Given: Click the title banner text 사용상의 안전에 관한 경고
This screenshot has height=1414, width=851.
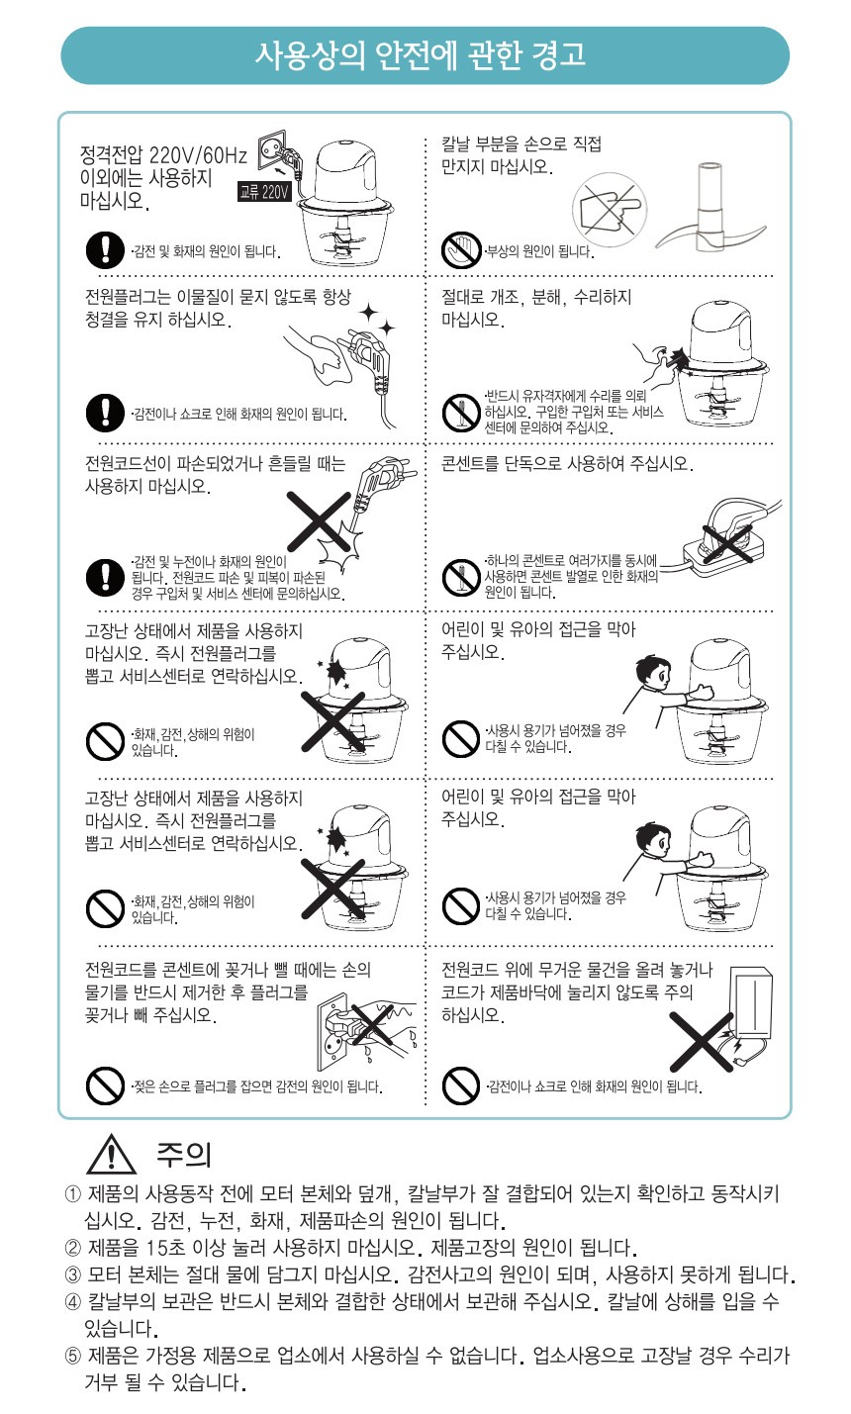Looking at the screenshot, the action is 420,55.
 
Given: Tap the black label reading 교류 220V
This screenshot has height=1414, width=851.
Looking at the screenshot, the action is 264,192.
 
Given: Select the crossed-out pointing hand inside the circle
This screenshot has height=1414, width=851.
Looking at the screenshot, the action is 610,210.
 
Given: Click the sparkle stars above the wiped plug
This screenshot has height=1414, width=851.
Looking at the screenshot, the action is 378,319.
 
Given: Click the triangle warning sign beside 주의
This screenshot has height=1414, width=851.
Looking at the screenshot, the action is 111,1154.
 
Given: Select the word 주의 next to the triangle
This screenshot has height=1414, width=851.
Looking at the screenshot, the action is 184,1155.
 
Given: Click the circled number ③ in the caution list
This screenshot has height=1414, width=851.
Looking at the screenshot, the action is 73,1274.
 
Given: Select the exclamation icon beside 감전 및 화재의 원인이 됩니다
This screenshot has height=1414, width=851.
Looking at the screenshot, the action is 105,249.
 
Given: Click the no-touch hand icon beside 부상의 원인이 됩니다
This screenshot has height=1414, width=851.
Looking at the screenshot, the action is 461,250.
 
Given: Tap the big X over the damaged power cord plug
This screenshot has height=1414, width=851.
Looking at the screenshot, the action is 319,521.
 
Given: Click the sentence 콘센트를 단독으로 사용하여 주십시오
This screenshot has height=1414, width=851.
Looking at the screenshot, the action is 567,464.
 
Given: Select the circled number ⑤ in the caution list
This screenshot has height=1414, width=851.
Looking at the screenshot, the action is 73,1356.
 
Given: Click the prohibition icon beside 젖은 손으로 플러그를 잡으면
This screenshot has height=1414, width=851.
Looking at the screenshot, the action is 105,1085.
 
